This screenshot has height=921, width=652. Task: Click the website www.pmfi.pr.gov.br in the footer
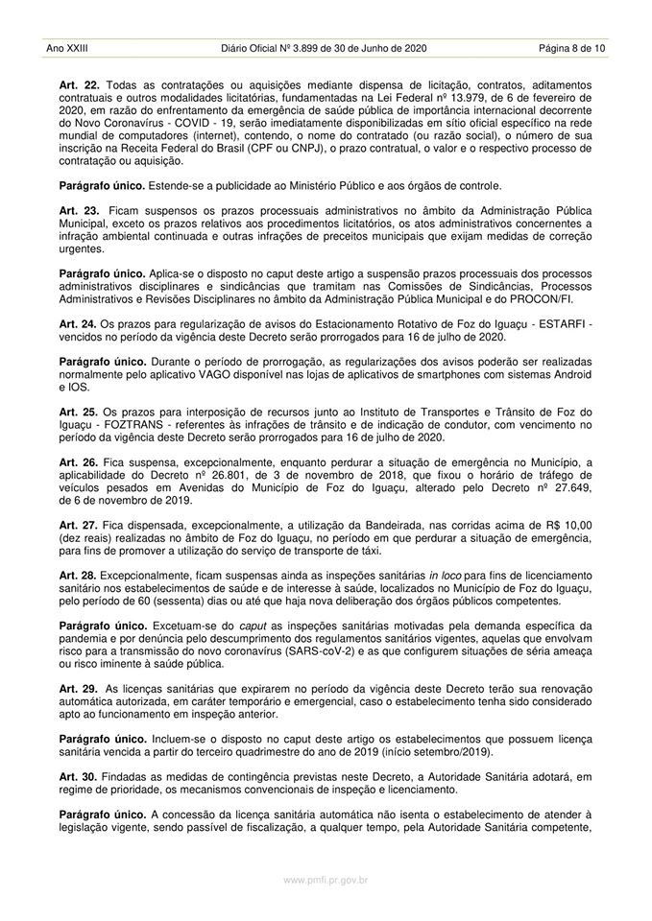coord(326,878)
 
